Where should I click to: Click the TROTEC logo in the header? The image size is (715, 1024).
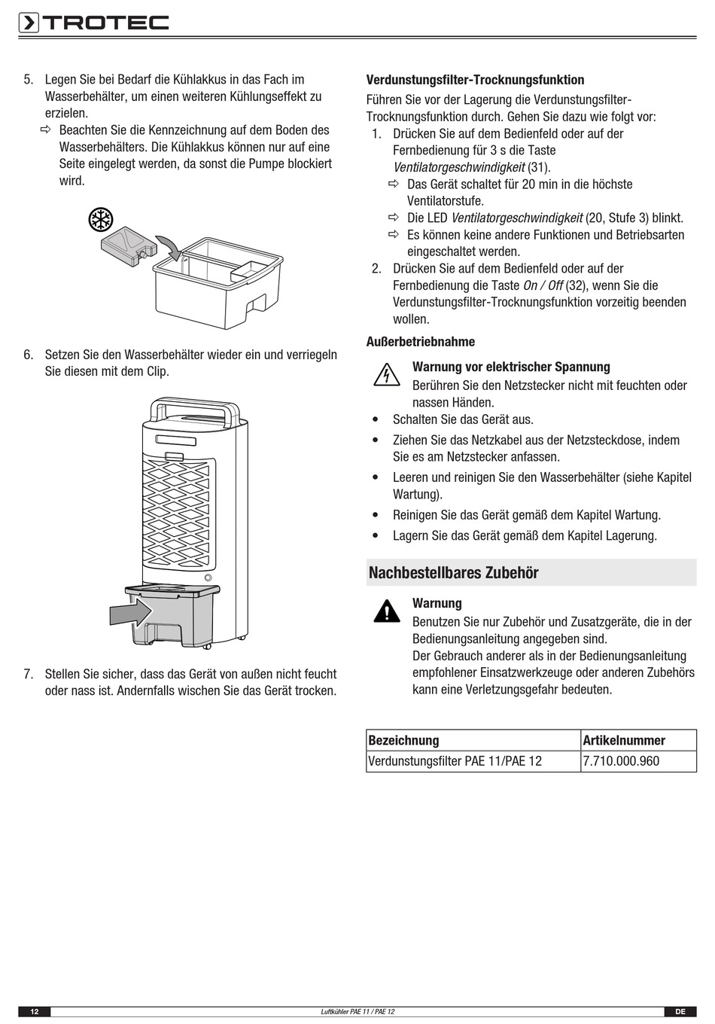click(93, 23)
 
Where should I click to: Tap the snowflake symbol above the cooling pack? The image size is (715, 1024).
click(101, 220)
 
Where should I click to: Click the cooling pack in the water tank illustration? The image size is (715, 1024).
click(129, 247)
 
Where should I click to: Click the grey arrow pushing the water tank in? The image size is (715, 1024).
click(131, 612)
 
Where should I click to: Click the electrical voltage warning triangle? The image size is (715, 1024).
click(387, 374)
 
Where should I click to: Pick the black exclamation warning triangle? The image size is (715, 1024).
click(387, 611)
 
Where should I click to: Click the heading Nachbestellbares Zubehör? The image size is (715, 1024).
click(453, 572)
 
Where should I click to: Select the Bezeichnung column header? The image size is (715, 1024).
click(403, 740)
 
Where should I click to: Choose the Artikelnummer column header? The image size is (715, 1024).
click(624, 740)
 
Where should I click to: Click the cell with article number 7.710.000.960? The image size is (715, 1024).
click(638, 761)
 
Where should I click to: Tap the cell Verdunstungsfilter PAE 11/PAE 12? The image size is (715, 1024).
click(473, 761)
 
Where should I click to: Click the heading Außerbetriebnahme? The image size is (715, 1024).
click(420, 342)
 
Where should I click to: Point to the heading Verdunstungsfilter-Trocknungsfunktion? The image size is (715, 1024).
click(475, 80)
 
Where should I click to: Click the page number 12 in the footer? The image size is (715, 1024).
click(35, 1012)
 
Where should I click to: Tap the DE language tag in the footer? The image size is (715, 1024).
click(680, 1012)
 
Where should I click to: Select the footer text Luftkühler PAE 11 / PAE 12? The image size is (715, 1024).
click(357, 1012)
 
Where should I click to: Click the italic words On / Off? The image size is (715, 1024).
click(543, 285)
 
